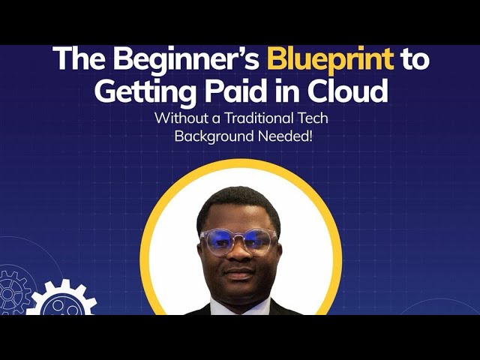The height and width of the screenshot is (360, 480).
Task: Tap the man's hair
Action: (x=238, y=201)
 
